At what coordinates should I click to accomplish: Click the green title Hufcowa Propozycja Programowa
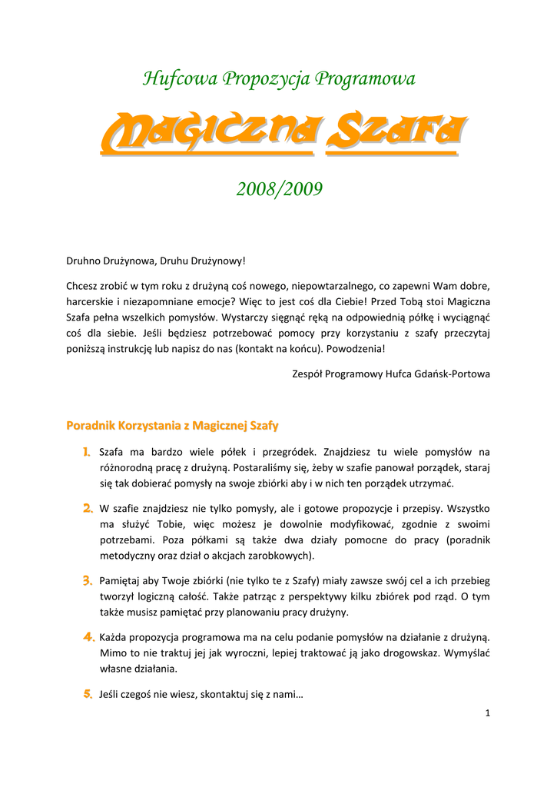point(279,79)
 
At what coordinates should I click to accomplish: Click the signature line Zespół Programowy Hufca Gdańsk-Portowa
point(391,374)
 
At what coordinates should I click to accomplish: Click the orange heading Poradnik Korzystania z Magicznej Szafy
point(173,425)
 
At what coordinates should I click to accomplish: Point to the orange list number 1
point(88,452)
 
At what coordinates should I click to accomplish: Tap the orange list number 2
point(88,509)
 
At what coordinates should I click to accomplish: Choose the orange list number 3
point(88,581)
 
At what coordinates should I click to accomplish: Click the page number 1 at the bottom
point(487,714)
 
